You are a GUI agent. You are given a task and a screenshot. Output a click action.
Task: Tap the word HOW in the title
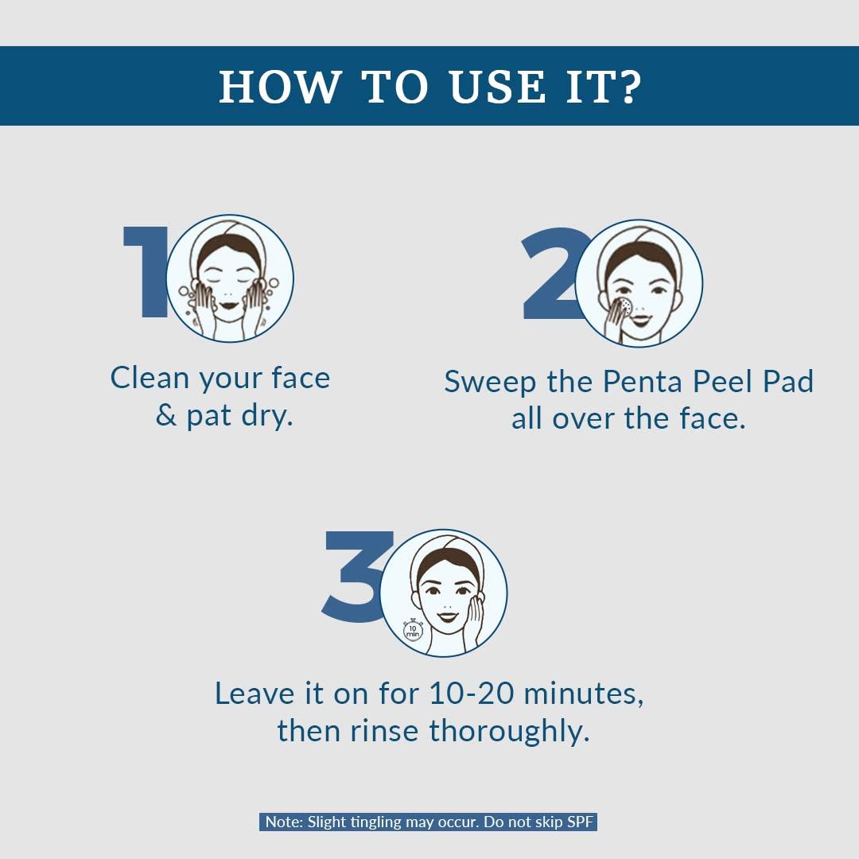280,87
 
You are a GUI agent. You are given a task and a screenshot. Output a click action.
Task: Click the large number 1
146,272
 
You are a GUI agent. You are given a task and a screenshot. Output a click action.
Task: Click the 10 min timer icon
413,630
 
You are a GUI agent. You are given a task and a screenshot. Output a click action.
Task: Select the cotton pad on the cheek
625,307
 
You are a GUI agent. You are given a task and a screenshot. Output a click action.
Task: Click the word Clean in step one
150,378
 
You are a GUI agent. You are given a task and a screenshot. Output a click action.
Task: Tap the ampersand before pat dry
166,415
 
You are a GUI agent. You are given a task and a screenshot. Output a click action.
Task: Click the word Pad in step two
788,381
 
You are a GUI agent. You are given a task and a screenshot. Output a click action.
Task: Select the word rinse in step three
384,731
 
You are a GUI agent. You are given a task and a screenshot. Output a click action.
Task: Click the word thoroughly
510,733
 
